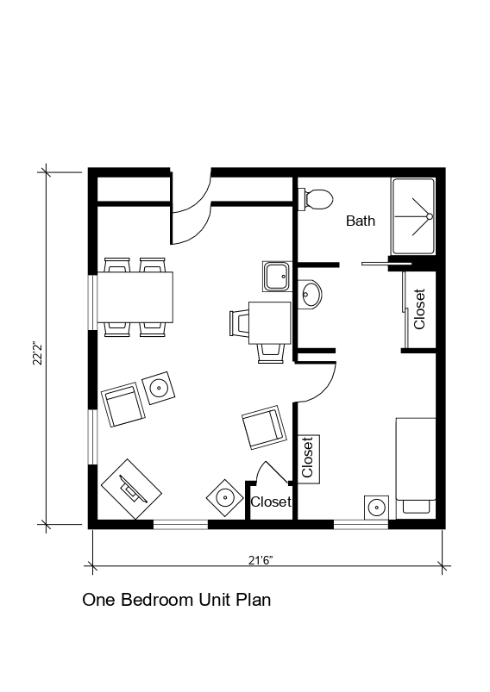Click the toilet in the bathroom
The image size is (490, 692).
coord(316,199)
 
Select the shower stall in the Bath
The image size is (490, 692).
coord(414,216)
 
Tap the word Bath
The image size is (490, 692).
coord(361,221)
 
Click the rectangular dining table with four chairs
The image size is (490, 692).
coord(135,296)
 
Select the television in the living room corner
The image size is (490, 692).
coord(131,489)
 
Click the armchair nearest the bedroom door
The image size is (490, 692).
coord(262,427)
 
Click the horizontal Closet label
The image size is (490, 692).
coord(270,502)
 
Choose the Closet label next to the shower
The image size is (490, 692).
coord(419,309)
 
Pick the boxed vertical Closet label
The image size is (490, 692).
coord(308,458)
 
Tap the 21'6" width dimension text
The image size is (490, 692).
coord(261,560)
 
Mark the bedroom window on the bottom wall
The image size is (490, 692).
coord(361,523)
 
